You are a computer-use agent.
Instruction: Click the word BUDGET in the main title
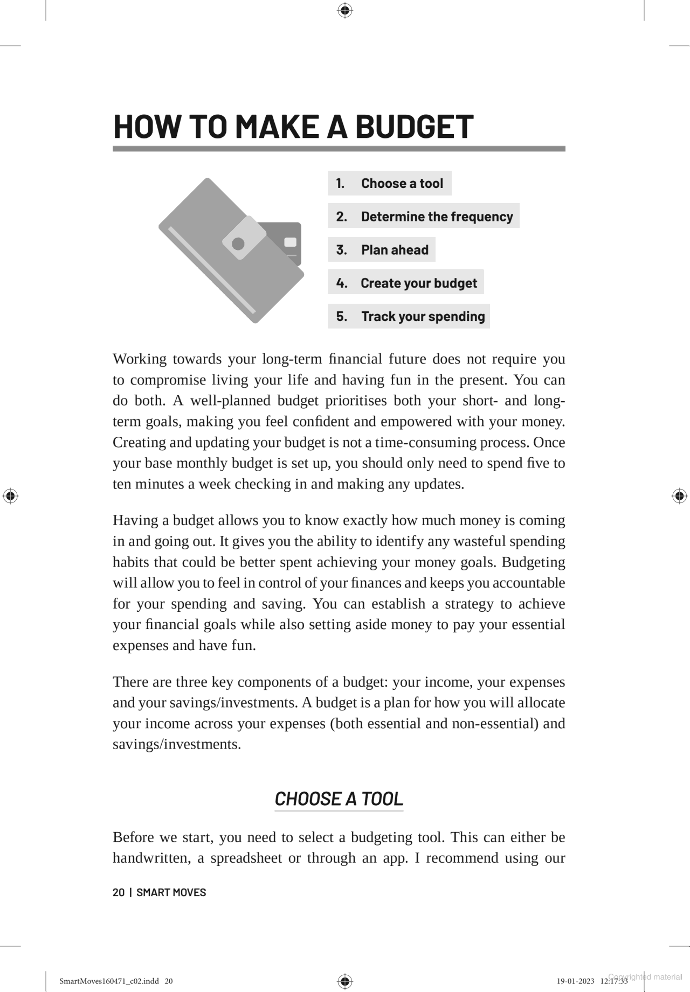click(x=414, y=127)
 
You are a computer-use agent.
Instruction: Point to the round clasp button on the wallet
click(x=238, y=244)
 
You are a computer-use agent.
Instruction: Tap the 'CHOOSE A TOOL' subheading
click(x=339, y=799)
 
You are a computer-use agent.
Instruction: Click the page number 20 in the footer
click(x=118, y=892)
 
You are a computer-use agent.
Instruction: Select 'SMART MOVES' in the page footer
click(x=171, y=892)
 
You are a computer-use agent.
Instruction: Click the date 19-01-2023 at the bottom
click(x=575, y=981)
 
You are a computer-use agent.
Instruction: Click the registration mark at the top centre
click(x=345, y=10)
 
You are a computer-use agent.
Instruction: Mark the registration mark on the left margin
click(x=10, y=496)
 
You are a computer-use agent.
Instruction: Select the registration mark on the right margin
click(x=679, y=496)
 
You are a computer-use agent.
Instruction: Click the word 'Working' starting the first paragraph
click(x=140, y=359)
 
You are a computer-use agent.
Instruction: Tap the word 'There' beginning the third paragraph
click(x=130, y=682)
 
